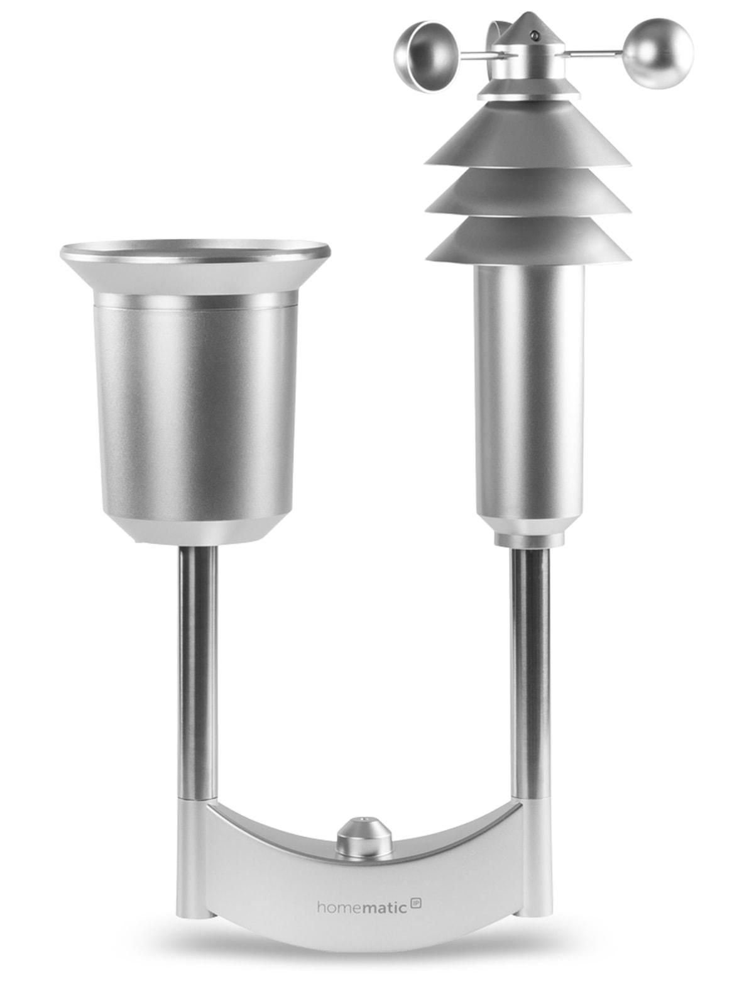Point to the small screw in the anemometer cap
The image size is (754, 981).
(x=533, y=33)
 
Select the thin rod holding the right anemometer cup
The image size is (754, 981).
(x=594, y=55)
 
